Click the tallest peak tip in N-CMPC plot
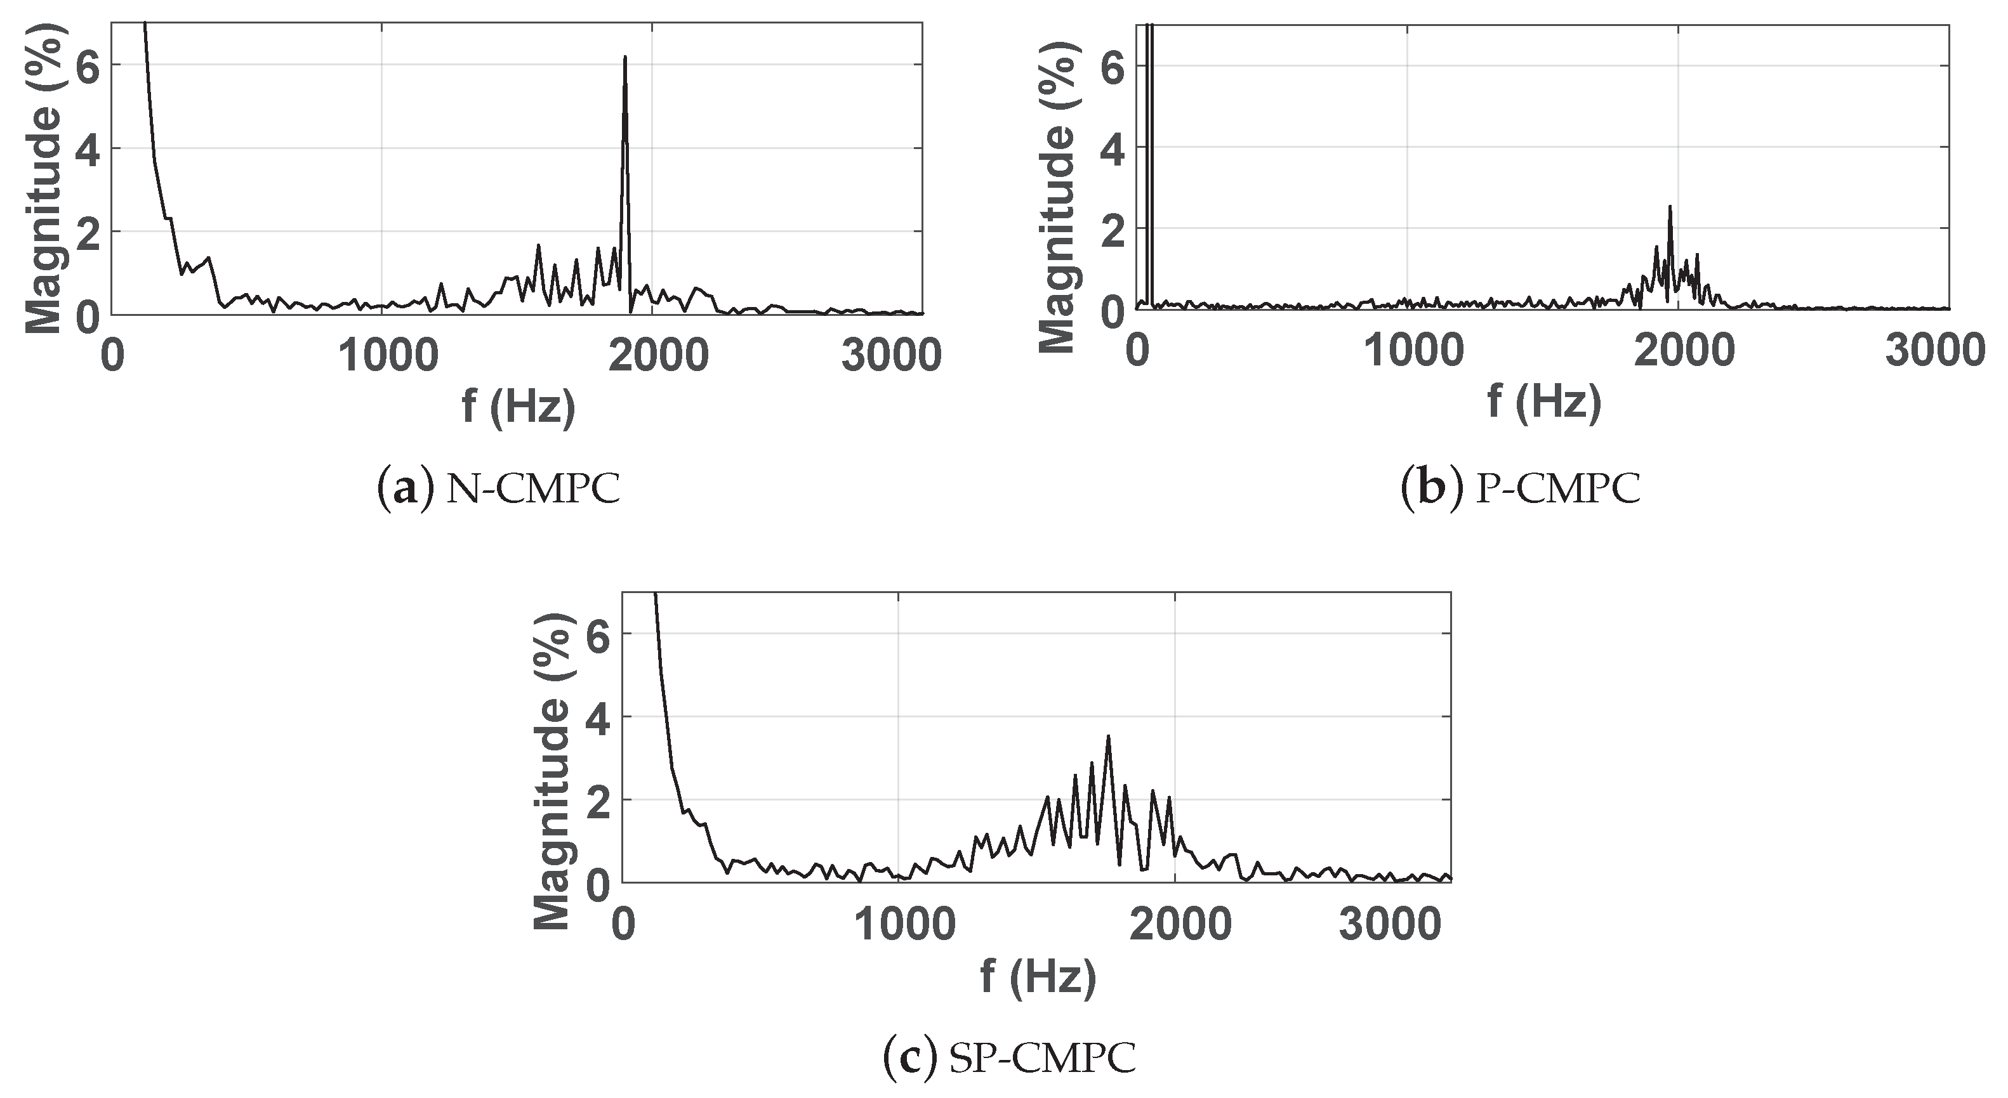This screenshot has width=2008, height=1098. coord(625,58)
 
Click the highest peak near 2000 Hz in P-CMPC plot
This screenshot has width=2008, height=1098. coord(1670,207)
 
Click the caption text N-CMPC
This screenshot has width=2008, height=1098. coord(533,490)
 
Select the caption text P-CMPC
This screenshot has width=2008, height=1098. coord(1558,490)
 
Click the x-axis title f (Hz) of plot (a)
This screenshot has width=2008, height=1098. coord(519,405)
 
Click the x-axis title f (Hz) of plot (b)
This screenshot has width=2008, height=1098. coord(1544,403)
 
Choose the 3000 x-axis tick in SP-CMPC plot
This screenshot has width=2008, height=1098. coord(1390,924)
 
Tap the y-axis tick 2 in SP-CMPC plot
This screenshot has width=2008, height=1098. coord(598,801)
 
